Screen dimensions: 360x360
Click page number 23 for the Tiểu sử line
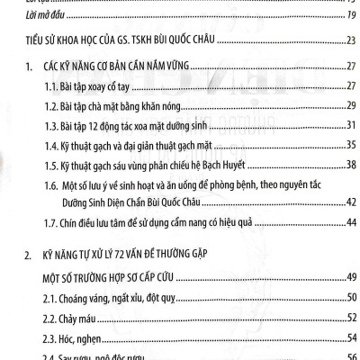350,40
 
